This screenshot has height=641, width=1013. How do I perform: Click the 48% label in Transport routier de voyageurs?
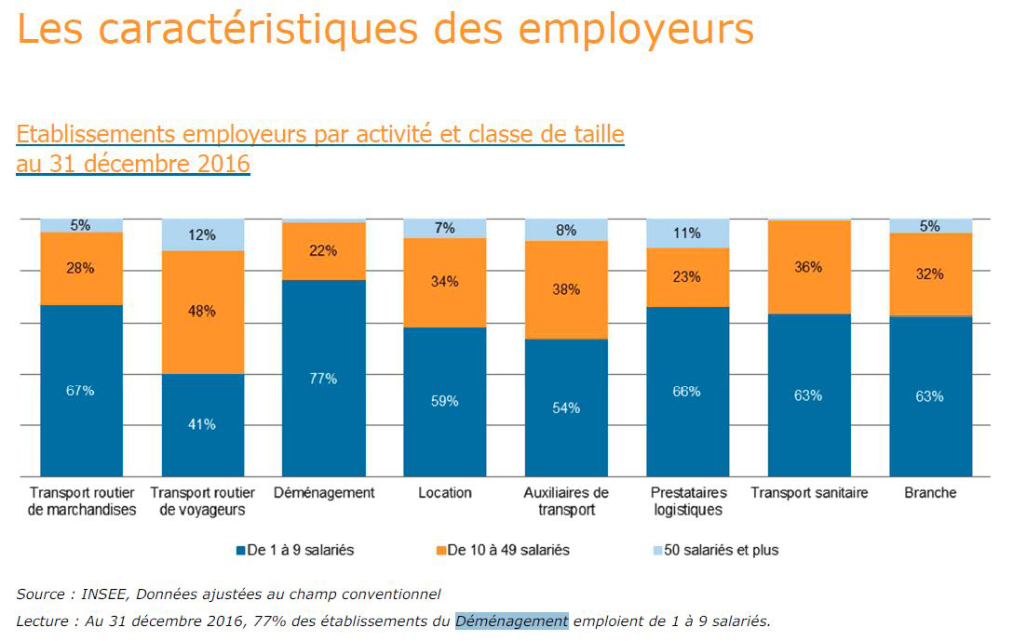(202, 312)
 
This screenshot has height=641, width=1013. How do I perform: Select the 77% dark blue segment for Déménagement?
(323, 379)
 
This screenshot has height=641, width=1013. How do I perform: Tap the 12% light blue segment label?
(202, 234)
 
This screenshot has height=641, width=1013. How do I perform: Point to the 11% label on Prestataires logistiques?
(687, 234)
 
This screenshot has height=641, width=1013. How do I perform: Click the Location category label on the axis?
(445, 492)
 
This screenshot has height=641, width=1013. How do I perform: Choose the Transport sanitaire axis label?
(808, 492)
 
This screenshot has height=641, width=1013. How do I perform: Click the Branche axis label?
(930, 492)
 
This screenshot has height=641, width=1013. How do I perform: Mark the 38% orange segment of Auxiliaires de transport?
(566, 289)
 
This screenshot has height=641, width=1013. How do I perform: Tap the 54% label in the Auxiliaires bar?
(566, 407)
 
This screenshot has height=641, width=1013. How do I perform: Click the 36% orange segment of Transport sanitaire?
(808, 267)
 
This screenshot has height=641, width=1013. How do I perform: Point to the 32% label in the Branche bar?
(930, 274)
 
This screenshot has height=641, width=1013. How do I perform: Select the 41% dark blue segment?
(202, 424)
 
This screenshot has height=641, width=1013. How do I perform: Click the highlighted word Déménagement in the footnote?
(511, 621)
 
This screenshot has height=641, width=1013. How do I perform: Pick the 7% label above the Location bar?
(445, 228)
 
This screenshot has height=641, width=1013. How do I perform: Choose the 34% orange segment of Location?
(445, 282)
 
